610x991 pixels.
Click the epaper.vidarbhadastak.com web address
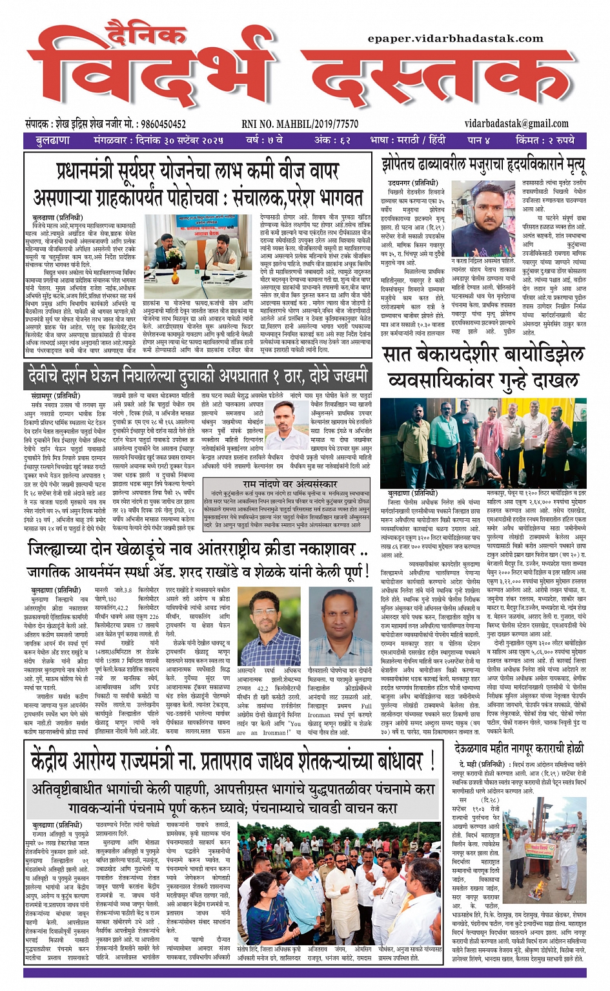point(455,39)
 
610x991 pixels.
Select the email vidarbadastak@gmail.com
point(516,123)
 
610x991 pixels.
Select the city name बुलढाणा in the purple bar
point(53,140)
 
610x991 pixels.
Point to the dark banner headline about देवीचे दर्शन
point(198,375)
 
